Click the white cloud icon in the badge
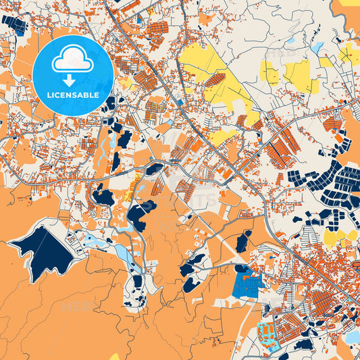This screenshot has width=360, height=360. (72, 60)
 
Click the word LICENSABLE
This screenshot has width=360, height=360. (73, 95)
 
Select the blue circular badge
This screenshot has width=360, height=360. (73, 74)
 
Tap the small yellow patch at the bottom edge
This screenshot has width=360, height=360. (115, 356)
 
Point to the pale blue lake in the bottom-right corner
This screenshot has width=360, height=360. (353, 336)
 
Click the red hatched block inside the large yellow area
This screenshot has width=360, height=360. (214, 80)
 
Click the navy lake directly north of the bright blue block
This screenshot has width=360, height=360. (243, 241)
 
